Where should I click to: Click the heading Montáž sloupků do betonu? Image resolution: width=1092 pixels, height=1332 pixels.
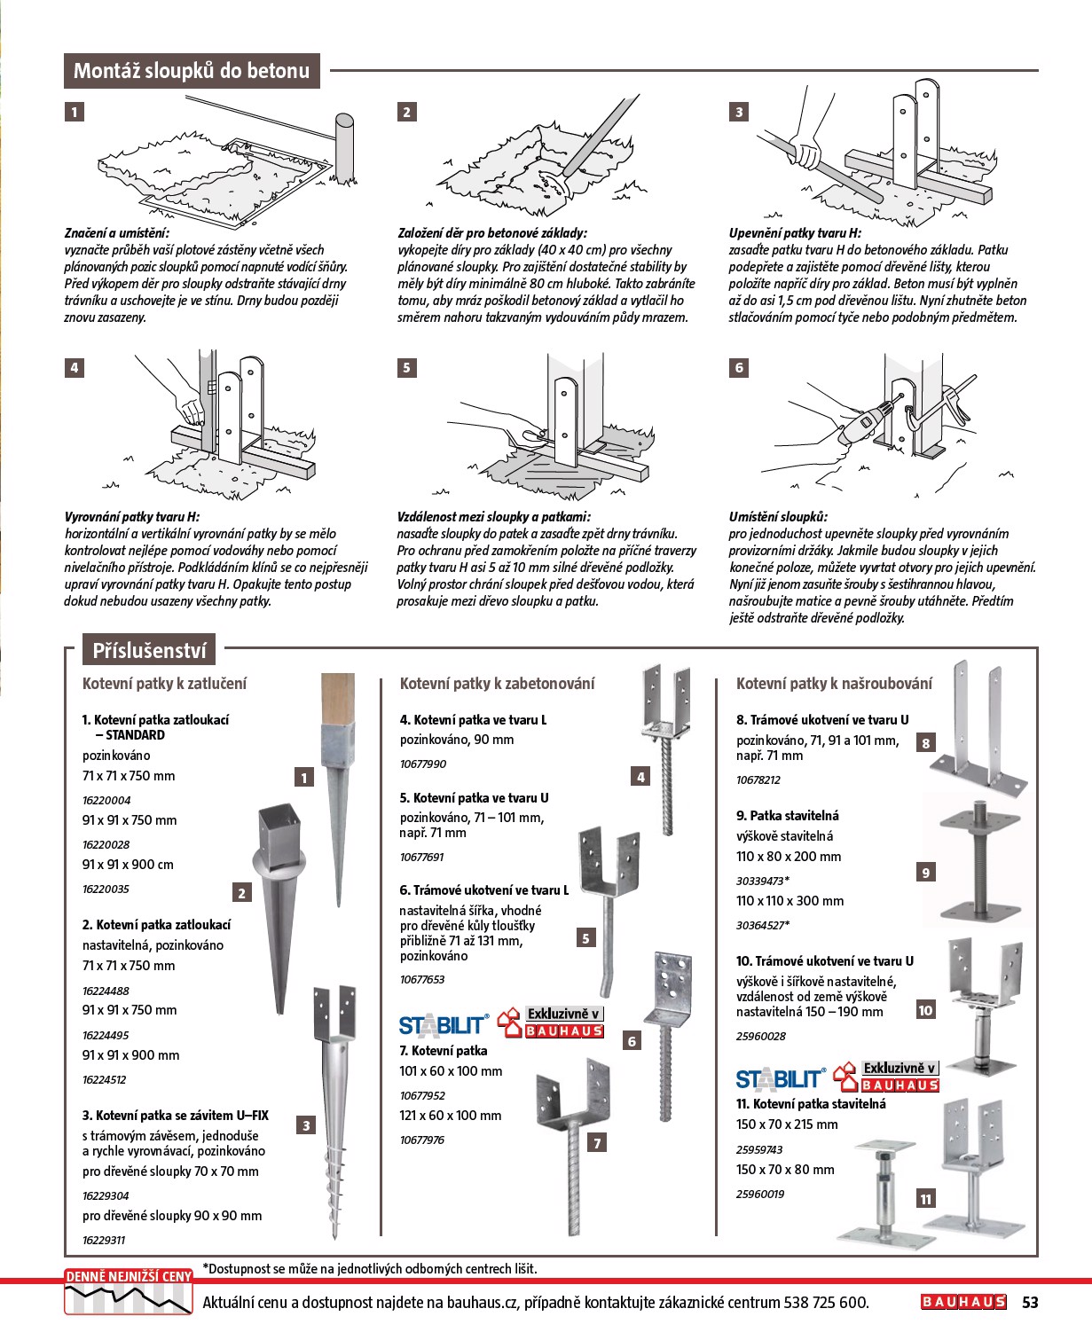coord(192,71)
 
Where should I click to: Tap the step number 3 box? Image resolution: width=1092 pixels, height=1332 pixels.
coord(739,112)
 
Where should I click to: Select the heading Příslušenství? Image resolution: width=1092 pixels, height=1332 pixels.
coord(149,651)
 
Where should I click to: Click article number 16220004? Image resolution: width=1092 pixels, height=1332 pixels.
coord(106,800)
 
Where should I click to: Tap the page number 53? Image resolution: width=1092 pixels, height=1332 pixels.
coord(1030,1302)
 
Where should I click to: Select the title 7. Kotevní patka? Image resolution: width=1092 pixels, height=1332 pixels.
coord(444,1051)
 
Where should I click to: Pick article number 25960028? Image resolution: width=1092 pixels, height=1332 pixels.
coord(761,1036)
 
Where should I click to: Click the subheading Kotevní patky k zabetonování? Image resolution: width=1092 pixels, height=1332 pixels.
coord(497,684)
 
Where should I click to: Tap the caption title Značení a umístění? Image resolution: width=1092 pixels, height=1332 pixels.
coord(116,233)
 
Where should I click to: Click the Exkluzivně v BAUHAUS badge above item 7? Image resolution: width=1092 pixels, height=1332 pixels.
coord(552,1023)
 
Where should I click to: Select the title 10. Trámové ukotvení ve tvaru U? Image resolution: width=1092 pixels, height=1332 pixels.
coord(825,961)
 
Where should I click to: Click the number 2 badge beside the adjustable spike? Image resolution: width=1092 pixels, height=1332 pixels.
coord(241,893)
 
